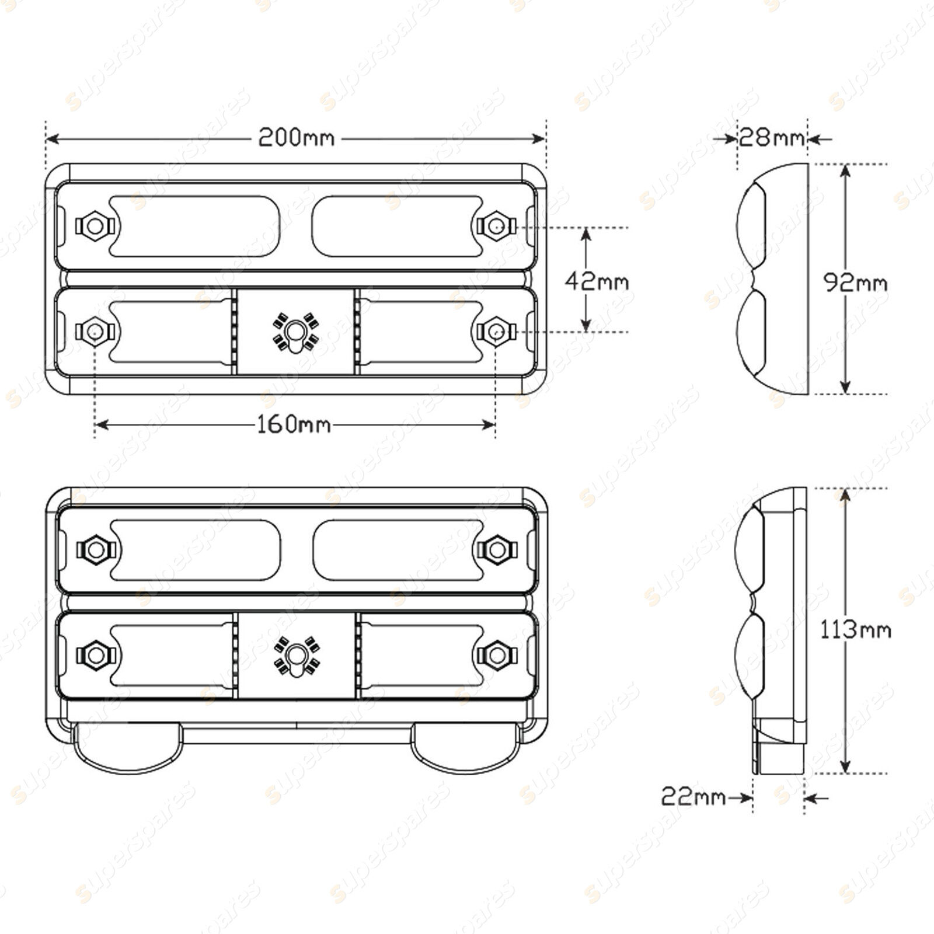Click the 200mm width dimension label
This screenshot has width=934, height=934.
pos(297,138)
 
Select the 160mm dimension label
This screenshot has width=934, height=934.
pos(294,424)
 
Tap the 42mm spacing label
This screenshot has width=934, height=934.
pos(597,282)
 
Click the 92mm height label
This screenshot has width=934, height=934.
pos(855,283)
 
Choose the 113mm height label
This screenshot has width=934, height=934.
pos(856,630)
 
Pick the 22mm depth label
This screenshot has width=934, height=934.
pos(693,796)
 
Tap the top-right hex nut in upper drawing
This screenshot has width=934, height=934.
pos(496,225)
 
